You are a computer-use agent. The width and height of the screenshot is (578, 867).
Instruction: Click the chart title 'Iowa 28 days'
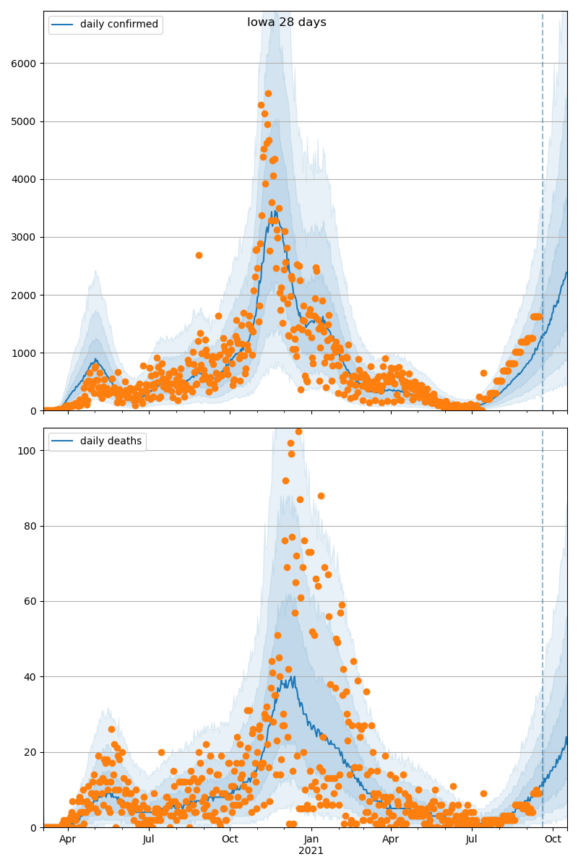[287, 22]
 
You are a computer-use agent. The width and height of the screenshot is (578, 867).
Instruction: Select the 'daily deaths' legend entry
[111, 441]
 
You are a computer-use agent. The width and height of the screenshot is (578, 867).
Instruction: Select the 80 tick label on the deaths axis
[30, 526]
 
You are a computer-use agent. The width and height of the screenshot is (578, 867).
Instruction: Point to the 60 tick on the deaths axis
[30, 601]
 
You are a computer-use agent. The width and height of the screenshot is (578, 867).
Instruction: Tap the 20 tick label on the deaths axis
[30, 752]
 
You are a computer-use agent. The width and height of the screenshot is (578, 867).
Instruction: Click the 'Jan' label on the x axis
[311, 839]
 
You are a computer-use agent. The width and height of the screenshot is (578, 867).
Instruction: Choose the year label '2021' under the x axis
[311, 851]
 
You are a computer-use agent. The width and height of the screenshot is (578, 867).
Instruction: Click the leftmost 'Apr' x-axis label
[68, 839]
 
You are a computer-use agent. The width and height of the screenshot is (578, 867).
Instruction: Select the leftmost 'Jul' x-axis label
[149, 839]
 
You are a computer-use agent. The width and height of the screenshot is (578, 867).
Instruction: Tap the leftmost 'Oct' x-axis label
[230, 839]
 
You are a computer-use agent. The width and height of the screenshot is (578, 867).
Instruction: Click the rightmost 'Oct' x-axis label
[553, 839]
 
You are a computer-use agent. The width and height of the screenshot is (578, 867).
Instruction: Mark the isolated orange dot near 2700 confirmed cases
[199, 255]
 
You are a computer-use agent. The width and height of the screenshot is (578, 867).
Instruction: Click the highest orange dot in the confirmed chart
[268, 93]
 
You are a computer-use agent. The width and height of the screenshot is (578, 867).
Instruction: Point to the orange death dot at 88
[321, 496]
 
